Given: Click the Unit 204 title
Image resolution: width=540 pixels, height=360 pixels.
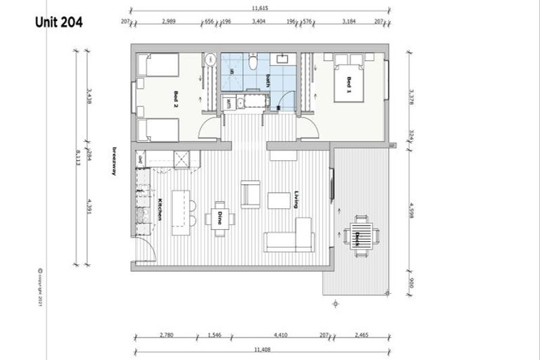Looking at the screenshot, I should (x=59, y=22).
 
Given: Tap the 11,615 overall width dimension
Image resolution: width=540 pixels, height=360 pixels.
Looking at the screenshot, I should (x=261, y=9).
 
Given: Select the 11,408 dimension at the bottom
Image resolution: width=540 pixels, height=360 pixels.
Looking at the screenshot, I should (x=261, y=349).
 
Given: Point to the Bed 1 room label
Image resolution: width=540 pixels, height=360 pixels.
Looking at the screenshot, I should (x=348, y=86).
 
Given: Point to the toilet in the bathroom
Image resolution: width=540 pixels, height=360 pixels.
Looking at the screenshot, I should (x=252, y=64).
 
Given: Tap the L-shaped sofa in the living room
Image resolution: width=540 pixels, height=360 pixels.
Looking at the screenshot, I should (x=289, y=236).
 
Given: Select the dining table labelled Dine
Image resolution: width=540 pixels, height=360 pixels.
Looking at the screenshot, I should (x=220, y=219).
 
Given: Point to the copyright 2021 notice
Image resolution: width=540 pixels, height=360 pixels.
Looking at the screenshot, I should (x=40, y=288).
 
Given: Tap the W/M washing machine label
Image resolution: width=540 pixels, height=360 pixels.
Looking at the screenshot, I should (x=230, y=103).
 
